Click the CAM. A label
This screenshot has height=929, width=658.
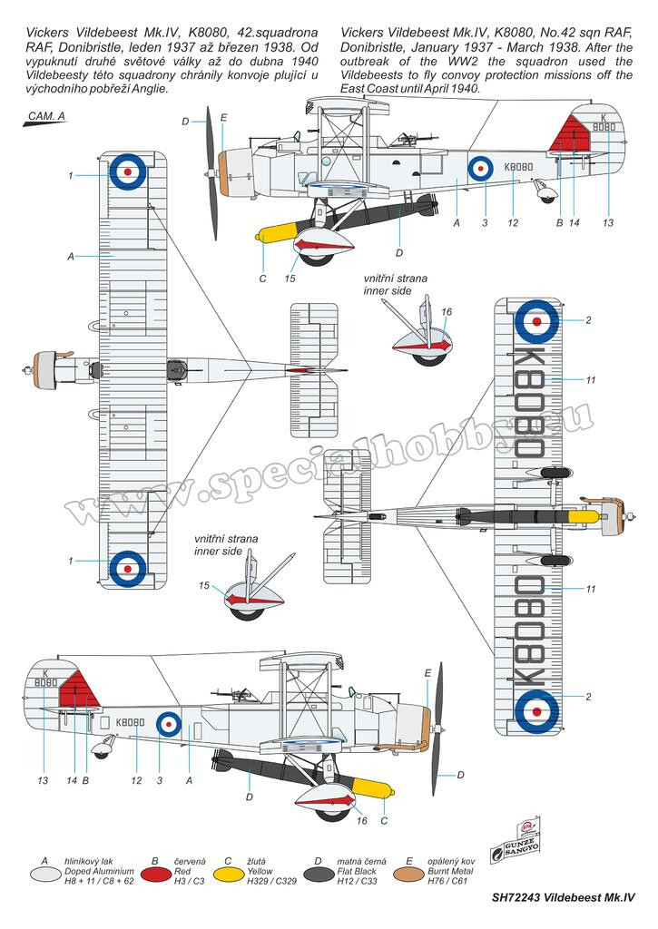(47, 116)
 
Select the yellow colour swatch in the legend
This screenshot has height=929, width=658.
(227, 873)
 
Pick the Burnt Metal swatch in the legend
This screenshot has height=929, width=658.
(409, 873)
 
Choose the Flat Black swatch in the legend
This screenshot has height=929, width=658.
(319, 873)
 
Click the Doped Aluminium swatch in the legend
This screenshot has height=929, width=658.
(45, 873)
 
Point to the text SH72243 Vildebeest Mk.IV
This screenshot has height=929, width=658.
(563, 897)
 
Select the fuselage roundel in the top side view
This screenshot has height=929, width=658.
(480, 169)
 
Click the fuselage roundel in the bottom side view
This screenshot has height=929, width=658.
(168, 723)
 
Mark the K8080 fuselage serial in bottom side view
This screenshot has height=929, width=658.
(131, 722)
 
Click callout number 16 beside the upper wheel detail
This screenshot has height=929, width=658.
(447, 312)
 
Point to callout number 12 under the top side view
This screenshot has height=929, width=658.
(513, 223)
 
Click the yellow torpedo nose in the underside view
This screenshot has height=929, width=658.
(584, 517)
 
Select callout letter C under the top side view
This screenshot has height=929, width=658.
(263, 279)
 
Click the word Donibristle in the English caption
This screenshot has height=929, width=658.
(370, 47)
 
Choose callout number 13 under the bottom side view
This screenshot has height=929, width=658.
(43, 780)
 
